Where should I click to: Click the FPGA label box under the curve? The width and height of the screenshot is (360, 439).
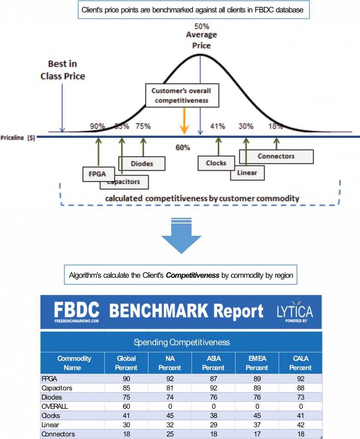(94, 174)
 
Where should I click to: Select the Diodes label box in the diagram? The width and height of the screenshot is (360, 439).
(142, 163)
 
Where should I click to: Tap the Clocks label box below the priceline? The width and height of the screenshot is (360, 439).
(216, 163)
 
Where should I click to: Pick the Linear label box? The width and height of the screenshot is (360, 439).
(247, 172)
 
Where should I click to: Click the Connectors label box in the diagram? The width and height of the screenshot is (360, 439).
(276, 156)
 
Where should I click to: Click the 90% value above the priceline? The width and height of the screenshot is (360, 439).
(97, 126)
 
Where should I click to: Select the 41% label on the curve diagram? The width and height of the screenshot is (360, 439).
(218, 126)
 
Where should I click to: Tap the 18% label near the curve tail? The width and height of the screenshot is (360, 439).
(275, 126)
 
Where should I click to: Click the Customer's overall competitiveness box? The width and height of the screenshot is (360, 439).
(182, 95)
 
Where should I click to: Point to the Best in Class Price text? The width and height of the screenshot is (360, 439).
(63, 70)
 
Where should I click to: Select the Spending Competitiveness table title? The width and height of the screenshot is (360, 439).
(182, 342)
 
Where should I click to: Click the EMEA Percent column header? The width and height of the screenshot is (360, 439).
(257, 363)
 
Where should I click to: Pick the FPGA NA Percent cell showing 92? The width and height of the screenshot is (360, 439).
(170, 379)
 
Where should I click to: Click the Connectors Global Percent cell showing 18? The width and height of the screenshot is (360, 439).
(126, 434)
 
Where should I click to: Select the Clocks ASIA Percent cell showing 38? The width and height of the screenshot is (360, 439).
(213, 415)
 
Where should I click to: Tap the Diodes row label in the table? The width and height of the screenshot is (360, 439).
(52, 397)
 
